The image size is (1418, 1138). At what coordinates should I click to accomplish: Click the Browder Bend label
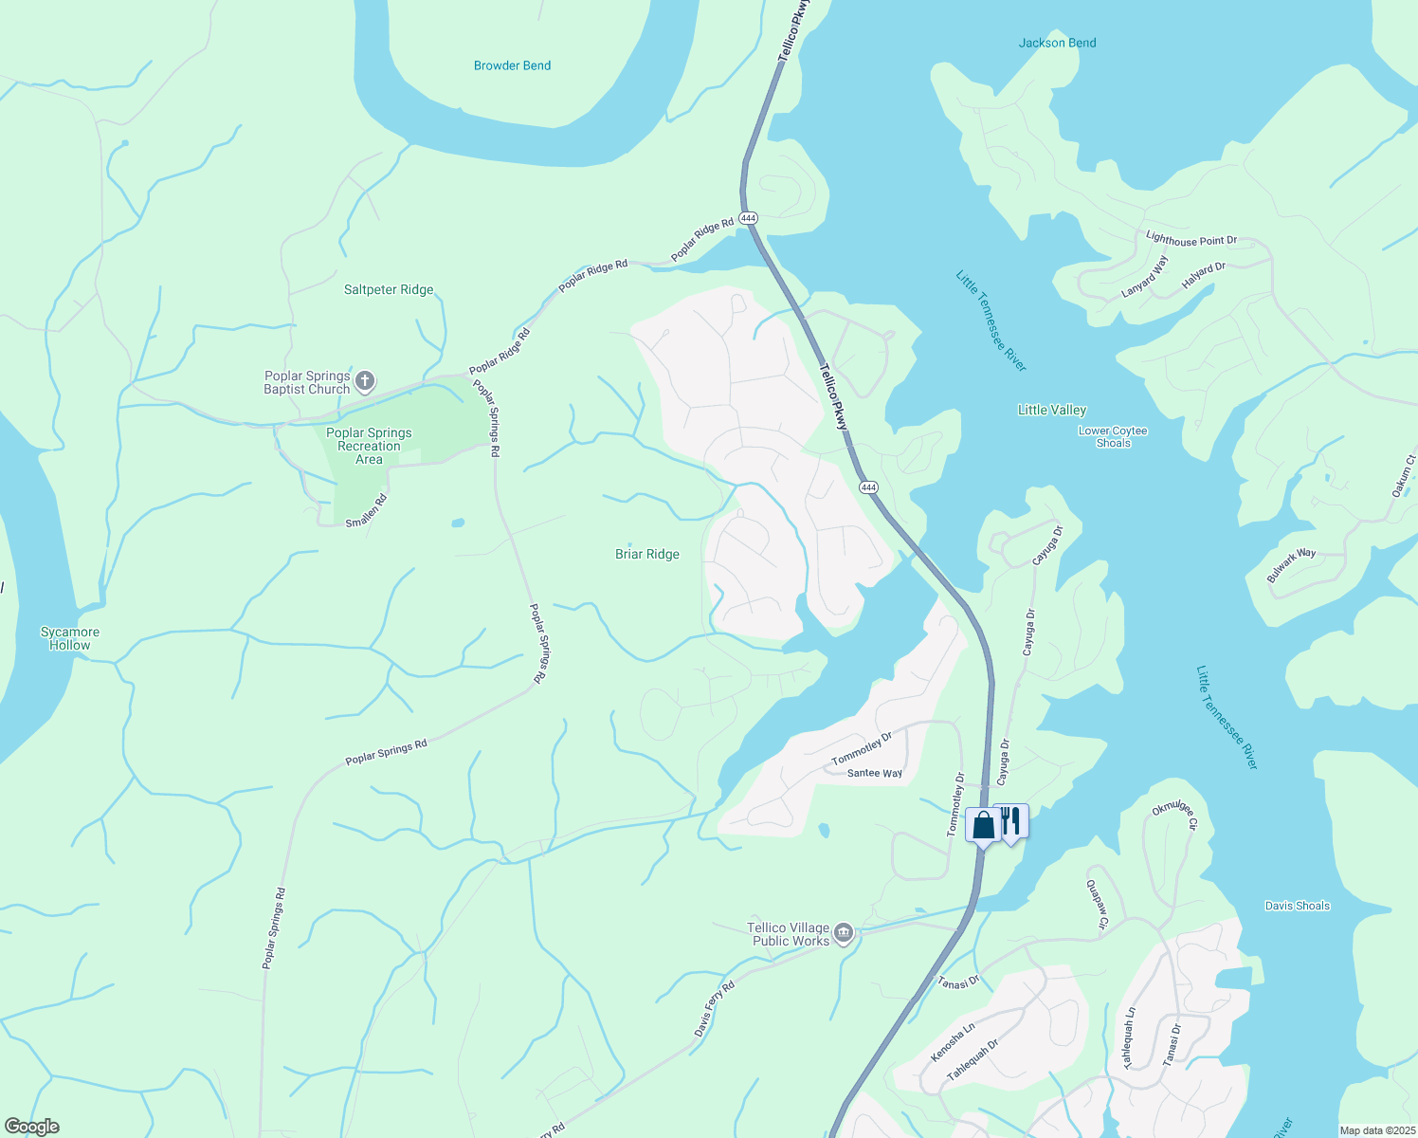pyautogui.click(x=512, y=65)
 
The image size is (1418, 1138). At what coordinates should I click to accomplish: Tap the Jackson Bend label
pyautogui.click(x=1057, y=43)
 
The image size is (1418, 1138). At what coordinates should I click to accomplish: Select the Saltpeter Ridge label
pyautogui.click(x=389, y=290)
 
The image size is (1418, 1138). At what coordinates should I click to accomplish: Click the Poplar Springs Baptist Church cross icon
pyautogui.click(x=365, y=382)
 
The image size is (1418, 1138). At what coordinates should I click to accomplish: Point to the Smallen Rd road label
pyautogui.click(x=366, y=511)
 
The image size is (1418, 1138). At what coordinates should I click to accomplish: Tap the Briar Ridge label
pyautogui.click(x=647, y=554)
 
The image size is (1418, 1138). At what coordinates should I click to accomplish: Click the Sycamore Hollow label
pyautogui.click(x=70, y=638)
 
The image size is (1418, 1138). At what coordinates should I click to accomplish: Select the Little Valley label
pyautogui.click(x=1051, y=410)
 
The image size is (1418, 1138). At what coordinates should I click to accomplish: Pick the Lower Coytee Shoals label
pyautogui.click(x=1113, y=437)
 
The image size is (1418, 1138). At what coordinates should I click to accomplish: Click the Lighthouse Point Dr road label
pyautogui.click(x=1191, y=240)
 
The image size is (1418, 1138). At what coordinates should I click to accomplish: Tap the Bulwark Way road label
pyautogui.click(x=1291, y=565)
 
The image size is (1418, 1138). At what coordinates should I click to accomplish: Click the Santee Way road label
pyautogui.click(x=874, y=774)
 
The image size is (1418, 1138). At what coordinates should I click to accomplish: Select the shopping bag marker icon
pyautogui.click(x=983, y=825)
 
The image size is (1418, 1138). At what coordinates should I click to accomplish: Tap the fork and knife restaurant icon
pyautogui.click(x=1011, y=821)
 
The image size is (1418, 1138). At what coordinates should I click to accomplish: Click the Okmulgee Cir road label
pyautogui.click(x=1175, y=816)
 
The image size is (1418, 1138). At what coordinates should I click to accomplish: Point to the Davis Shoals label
pyautogui.click(x=1297, y=906)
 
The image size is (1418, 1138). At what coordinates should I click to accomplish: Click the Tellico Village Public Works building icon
pyautogui.click(x=844, y=934)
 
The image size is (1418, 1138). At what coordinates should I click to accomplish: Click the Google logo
pyautogui.click(x=31, y=1127)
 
